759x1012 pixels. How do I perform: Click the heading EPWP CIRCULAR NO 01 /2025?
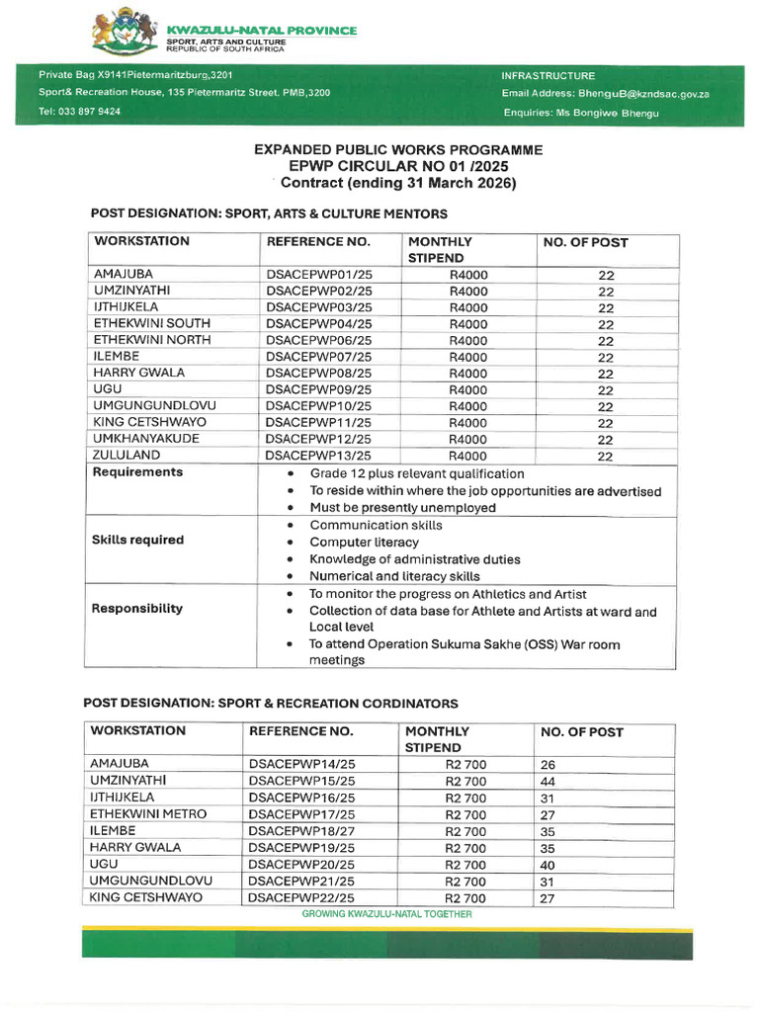click(397, 166)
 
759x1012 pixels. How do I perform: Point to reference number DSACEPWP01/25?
click(318, 275)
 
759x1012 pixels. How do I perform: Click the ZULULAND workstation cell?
click(126, 455)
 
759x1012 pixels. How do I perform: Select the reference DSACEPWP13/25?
click(318, 456)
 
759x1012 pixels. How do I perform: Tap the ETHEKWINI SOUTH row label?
click(151, 323)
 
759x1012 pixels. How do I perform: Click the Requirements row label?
click(137, 472)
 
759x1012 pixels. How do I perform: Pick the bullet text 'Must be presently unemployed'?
click(403, 508)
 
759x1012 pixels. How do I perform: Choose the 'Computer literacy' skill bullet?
click(364, 543)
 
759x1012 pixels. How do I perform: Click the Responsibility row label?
click(137, 609)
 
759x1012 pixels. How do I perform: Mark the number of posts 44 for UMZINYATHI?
click(548, 781)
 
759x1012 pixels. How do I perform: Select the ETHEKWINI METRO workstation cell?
click(148, 813)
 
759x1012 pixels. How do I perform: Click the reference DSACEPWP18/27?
click(301, 831)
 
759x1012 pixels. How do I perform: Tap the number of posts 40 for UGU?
click(548, 865)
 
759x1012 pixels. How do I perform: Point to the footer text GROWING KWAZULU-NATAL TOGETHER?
click(386, 915)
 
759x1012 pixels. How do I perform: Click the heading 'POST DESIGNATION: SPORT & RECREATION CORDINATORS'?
click(270, 704)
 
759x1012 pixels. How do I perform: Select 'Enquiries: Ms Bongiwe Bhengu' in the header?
click(580, 113)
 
